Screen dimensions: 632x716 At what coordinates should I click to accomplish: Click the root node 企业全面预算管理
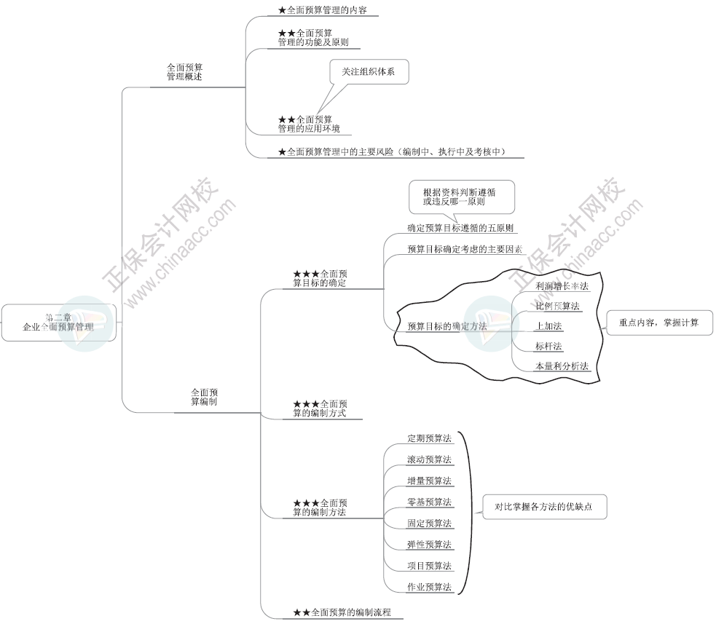(58, 323)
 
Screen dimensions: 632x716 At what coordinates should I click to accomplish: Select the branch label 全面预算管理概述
(184, 71)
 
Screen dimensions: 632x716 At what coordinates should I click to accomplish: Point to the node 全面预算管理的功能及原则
(313, 38)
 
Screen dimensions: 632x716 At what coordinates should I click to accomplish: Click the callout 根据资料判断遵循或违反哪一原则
(460, 196)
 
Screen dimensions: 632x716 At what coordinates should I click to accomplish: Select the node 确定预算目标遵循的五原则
(462, 228)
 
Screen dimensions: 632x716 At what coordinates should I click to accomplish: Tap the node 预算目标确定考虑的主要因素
(465, 249)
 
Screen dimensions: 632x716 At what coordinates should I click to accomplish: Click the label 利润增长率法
(561, 286)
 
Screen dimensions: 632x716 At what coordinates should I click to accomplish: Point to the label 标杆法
(548, 346)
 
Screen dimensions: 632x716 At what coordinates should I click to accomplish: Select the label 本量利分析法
(561, 366)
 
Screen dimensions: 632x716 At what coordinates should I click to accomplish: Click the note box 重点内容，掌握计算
(658, 323)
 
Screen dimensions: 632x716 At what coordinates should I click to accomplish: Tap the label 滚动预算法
(429, 459)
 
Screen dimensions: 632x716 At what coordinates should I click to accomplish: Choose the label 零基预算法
(429, 502)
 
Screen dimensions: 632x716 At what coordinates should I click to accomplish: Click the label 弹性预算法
(429, 544)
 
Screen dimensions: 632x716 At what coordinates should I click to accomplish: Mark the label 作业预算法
(429, 587)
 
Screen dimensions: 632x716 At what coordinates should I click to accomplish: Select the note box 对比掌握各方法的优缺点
(544, 506)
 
